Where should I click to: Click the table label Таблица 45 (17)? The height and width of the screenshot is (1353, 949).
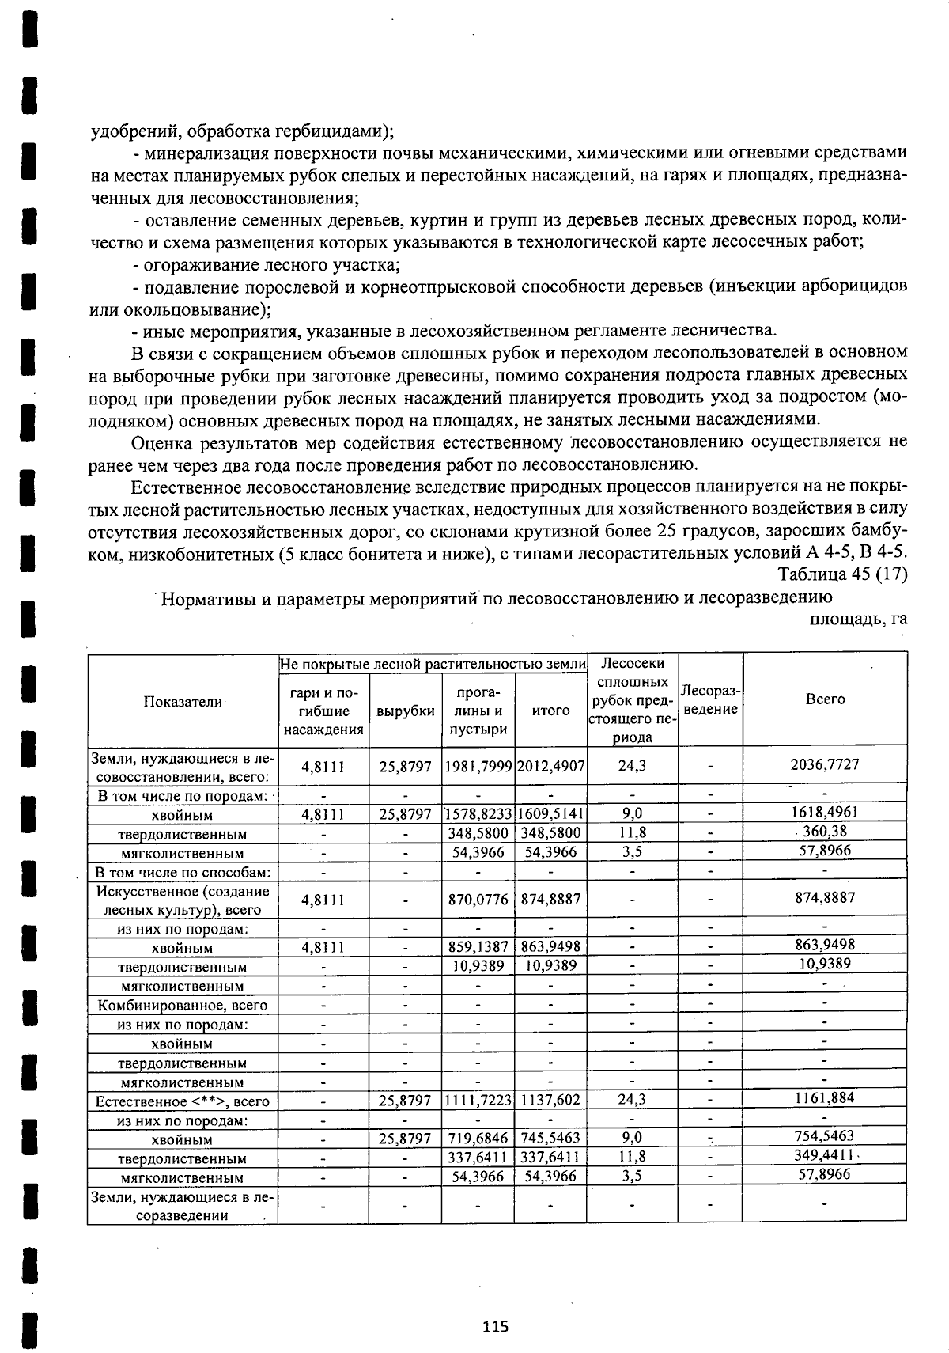[x=842, y=574]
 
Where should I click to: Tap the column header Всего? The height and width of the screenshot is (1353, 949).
[x=825, y=699]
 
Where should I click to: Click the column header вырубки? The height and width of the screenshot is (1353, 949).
[x=405, y=711]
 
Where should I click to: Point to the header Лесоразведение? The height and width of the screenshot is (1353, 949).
[x=710, y=700]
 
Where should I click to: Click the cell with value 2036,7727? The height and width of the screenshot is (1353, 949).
[x=825, y=764]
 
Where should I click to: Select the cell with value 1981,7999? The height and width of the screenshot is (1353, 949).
[x=478, y=766]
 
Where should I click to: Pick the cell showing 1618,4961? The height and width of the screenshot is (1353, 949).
[x=825, y=812]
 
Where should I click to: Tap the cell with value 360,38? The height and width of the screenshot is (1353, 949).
[x=825, y=831]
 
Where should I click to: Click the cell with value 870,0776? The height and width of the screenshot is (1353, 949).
[x=478, y=900]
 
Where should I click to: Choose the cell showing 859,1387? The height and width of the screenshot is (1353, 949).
[x=478, y=946]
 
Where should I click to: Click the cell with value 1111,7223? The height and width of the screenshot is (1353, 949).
[x=478, y=1100]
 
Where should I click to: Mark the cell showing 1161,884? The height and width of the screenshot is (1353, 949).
[x=825, y=1097]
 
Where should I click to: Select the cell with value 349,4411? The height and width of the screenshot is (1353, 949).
[x=825, y=1155]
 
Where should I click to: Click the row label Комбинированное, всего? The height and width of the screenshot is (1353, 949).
[x=183, y=1006]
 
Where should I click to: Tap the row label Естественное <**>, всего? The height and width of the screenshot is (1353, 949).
[x=183, y=1101]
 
